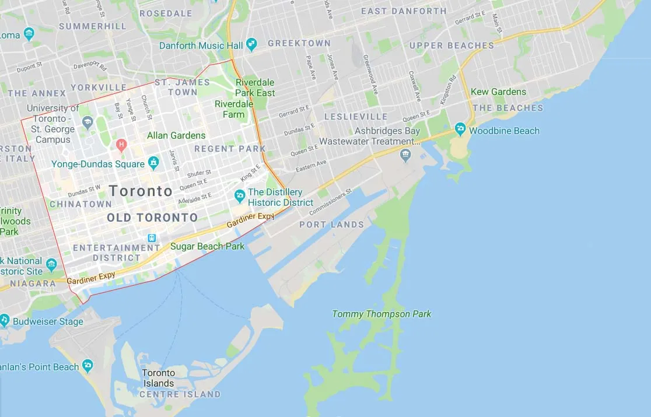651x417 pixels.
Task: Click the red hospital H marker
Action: tap(121, 144)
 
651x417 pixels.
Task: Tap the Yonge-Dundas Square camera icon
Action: tap(153, 163)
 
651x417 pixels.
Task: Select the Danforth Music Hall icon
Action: tap(251, 44)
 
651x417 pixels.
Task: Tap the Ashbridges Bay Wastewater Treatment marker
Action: tap(406, 155)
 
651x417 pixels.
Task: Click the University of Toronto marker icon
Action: tap(87, 122)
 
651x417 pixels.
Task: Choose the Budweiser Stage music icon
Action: tap(5, 320)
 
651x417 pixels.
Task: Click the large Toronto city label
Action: tap(141, 191)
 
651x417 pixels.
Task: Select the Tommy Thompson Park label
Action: tap(381, 314)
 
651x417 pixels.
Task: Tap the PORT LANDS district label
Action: tap(331, 225)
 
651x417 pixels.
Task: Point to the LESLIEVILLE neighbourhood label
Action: tap(356, 117)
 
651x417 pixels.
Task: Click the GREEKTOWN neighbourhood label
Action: tap(299, 43)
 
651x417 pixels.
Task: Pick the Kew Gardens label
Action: tap(498, 92)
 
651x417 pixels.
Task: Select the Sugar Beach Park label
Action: tap(207, 246)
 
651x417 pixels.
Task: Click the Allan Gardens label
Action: tap(176, 135)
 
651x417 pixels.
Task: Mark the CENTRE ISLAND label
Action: tap(180, 394)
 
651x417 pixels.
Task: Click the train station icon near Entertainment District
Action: tap(152, 238)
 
